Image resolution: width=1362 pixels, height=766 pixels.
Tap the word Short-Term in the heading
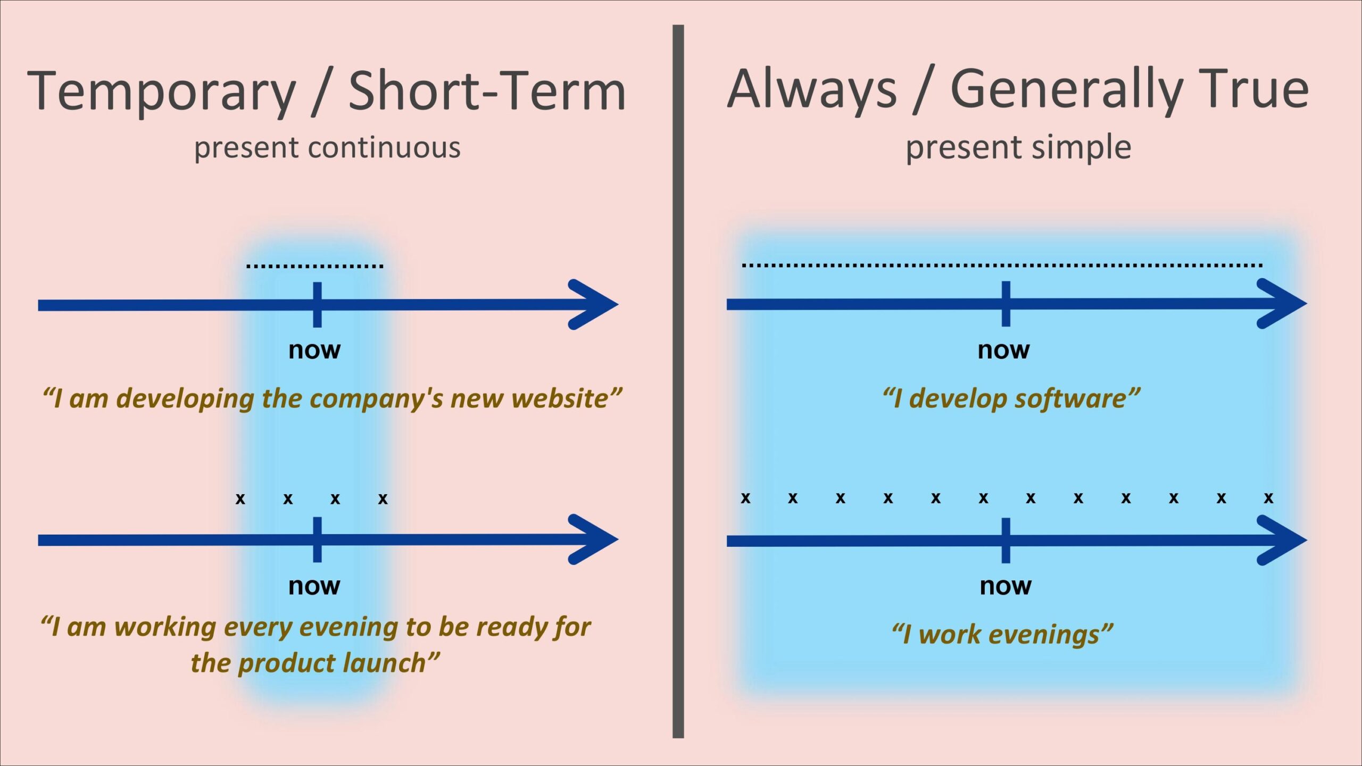[x=487, y=91]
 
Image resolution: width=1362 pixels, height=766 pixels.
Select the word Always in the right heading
[x=812, y=89]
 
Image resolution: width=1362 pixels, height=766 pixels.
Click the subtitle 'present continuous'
[x=327, y=147]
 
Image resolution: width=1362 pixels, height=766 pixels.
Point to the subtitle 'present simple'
[x=1018, y=147]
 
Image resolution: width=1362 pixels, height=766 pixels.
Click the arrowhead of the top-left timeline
[x=596, y=304]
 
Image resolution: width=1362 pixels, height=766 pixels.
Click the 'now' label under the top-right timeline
[x=1003, y=349]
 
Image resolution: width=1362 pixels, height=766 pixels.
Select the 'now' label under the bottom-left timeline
[x=314, y=586]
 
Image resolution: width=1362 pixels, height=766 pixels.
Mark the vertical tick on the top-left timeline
[x=317, y=304]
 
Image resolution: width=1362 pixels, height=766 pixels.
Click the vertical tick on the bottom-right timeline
[x=1006, y=540]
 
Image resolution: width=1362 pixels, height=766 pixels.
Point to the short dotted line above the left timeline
[x=314, y=265]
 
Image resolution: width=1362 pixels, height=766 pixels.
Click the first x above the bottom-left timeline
[x=240, y=499]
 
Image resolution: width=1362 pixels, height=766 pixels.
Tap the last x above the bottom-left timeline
[x=383, y=499]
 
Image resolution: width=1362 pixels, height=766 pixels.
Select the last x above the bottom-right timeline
[x=1268, y=498]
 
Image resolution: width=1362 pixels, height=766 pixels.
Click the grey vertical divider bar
[x=678, y=381]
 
